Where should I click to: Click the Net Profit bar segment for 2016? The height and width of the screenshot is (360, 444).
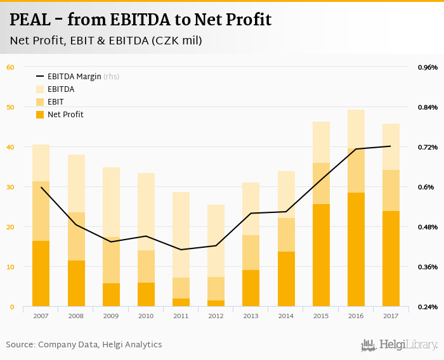[356, 250]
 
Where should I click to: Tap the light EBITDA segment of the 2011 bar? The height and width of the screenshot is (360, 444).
[181, 235]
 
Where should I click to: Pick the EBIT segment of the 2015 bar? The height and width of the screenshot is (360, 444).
[321, 184]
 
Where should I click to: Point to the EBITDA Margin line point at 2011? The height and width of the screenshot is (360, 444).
[181, 250]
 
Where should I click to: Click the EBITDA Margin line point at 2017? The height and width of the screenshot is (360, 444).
[391, 146]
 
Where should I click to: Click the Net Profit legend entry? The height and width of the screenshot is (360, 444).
[65, 115]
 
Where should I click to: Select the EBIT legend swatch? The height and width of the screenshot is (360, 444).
[41, 102]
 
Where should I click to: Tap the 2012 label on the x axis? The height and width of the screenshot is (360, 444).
[216, 315]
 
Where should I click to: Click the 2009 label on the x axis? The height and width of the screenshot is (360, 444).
[111, 315]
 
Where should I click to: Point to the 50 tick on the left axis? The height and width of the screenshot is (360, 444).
[10, 107]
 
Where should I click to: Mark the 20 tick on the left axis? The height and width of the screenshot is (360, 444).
[10, 227]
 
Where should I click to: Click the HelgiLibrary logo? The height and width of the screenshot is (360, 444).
[400, 345]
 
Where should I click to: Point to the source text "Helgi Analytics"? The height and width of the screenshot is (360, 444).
[131, 345]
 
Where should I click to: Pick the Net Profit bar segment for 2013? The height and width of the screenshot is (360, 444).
[251, 288]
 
